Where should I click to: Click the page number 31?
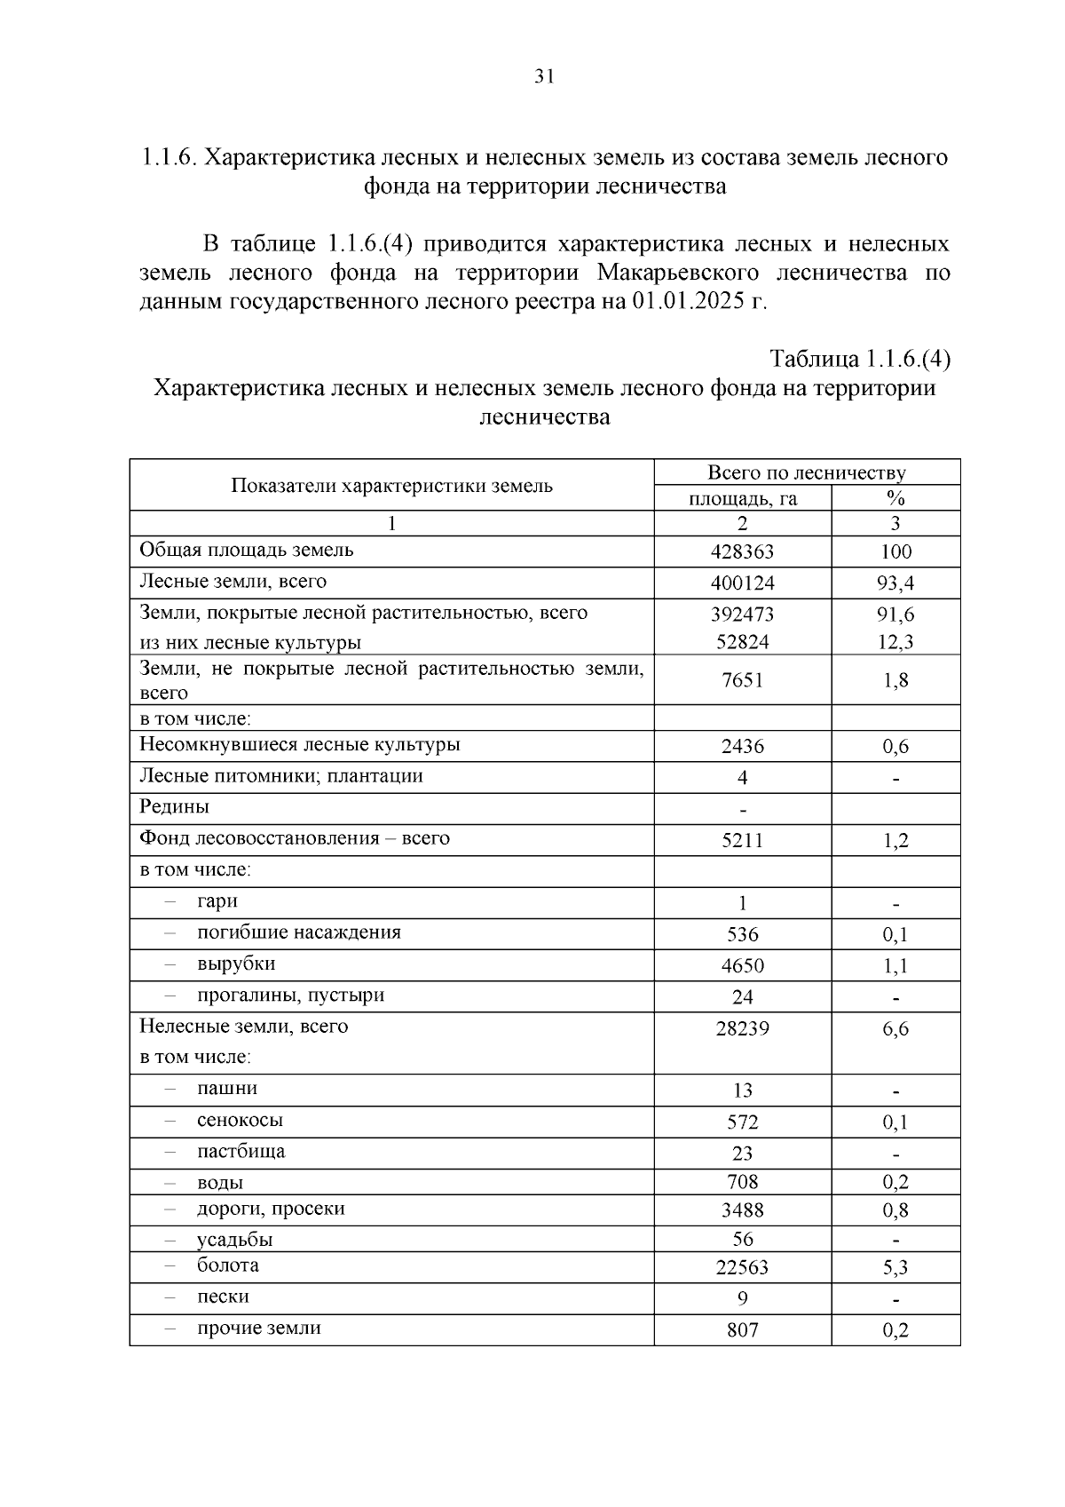point(544,77)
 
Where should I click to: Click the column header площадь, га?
point(743,498)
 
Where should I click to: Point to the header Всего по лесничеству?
point(806,472)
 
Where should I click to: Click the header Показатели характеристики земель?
point(391,486)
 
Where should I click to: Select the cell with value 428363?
point(742,551)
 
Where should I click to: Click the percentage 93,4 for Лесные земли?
point(895,583)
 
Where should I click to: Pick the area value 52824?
point(742,642)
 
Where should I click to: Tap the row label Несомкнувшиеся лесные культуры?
point(300,744)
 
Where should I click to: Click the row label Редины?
point(174,807)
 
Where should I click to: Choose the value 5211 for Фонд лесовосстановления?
point(742,840)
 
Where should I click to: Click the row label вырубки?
point(236,964)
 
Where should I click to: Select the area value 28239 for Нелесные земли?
point(742,1028)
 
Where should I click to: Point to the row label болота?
point(227,1265)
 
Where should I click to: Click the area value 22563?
point(742,1268)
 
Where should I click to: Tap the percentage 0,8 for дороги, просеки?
point(895,1210)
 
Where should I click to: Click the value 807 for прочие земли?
point(742,1330)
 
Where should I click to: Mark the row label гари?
point(217,900)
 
